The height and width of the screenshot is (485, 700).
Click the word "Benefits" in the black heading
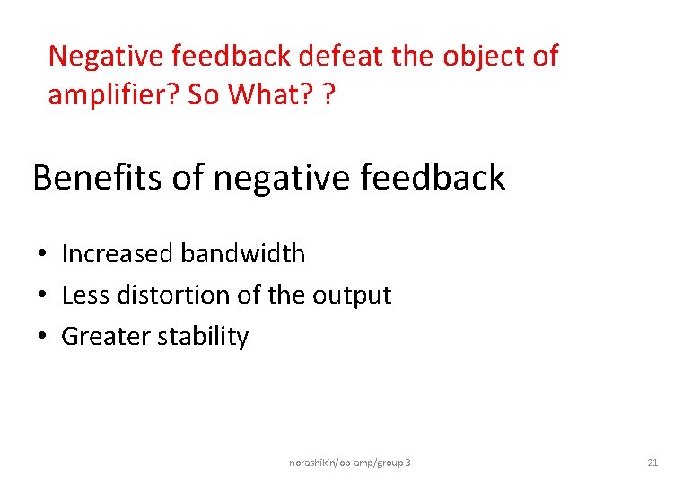[96, 178]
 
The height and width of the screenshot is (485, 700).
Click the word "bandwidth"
[242, 254]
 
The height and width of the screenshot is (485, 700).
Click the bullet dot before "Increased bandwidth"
[42, 255]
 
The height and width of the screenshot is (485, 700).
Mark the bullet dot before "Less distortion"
[42, 296]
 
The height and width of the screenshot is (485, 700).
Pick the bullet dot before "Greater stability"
[42, 338]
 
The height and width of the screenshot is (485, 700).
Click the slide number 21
[652, 463]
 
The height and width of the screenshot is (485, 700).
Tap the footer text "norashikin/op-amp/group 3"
[350, 463]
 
